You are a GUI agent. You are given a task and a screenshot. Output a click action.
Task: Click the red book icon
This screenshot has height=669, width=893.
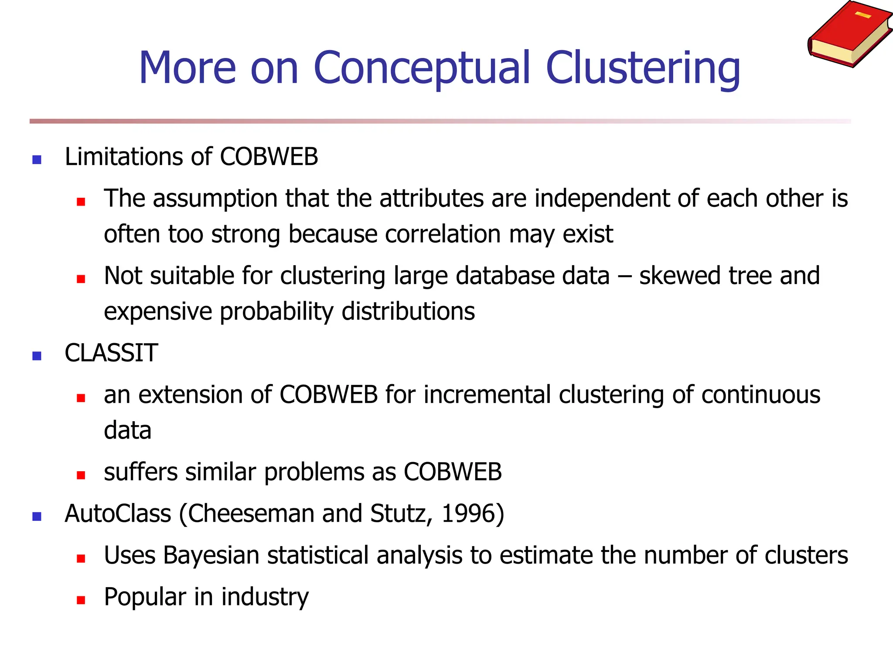849,34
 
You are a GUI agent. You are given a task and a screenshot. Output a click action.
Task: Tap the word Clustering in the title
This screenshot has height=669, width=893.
643,68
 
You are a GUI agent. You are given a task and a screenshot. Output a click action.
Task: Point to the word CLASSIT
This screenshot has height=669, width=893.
111,353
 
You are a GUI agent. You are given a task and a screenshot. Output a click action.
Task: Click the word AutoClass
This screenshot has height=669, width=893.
118,514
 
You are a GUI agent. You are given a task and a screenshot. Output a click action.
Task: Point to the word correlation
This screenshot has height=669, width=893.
443,234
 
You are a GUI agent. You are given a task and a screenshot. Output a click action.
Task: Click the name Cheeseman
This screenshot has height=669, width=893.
251,514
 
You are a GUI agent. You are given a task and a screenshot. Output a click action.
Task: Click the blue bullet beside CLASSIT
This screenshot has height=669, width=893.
37,356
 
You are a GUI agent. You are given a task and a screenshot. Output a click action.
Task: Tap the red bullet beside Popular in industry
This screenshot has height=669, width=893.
81,600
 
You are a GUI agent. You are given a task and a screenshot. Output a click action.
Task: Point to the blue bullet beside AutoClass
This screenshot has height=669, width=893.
37,517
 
